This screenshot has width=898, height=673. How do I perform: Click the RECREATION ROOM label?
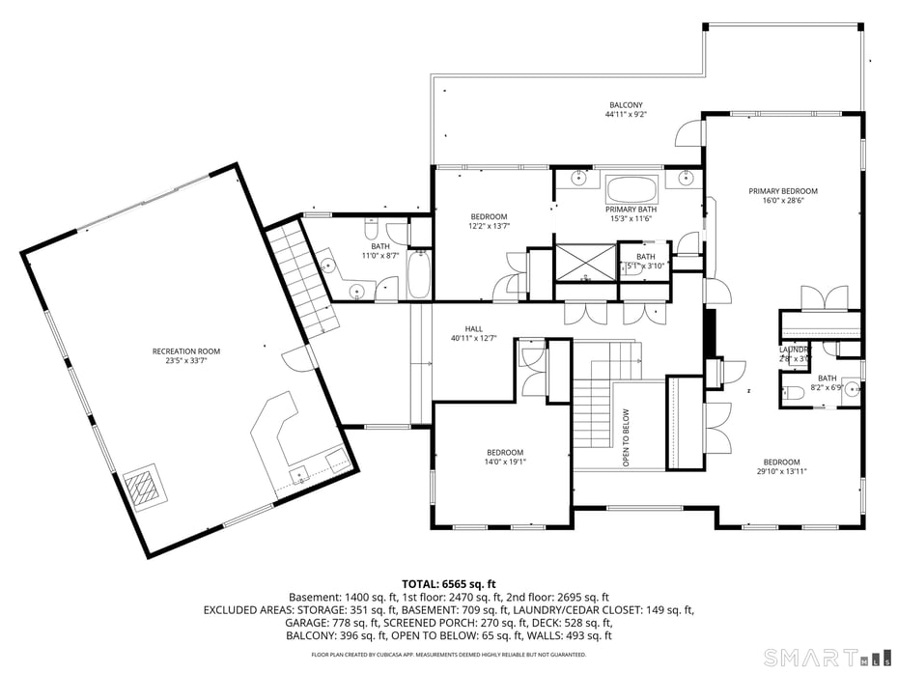coord(186,351)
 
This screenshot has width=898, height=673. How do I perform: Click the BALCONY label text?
coord(626,105)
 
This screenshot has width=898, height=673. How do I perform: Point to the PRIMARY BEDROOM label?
coord(783,191)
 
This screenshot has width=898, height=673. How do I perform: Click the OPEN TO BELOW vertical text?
coord(626,437)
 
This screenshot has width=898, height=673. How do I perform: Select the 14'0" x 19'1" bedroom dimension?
coord(505,463)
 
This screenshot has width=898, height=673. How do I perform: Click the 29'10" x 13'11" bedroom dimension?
coord(781,471)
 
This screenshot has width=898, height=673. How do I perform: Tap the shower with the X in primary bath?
coord(585,260)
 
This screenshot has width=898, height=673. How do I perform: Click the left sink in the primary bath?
coord(578,177)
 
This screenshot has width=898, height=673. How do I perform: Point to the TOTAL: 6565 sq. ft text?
coord(448,584)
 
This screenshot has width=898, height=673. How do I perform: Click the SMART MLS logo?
coord(820,658)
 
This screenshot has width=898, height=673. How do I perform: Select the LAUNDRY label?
coord(794,350)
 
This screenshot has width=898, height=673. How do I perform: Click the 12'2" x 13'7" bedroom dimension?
coord(489,227)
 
